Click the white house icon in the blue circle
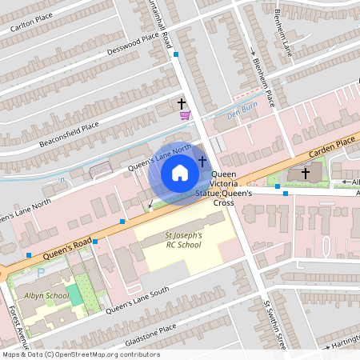[180, 173]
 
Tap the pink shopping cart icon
[185, 116]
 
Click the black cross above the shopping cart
[182, 103]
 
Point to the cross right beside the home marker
[202, 162]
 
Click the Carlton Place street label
[30, 24]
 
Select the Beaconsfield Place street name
[69, 134]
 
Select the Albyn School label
[46, 295]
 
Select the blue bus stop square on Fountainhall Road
[175, 55]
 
